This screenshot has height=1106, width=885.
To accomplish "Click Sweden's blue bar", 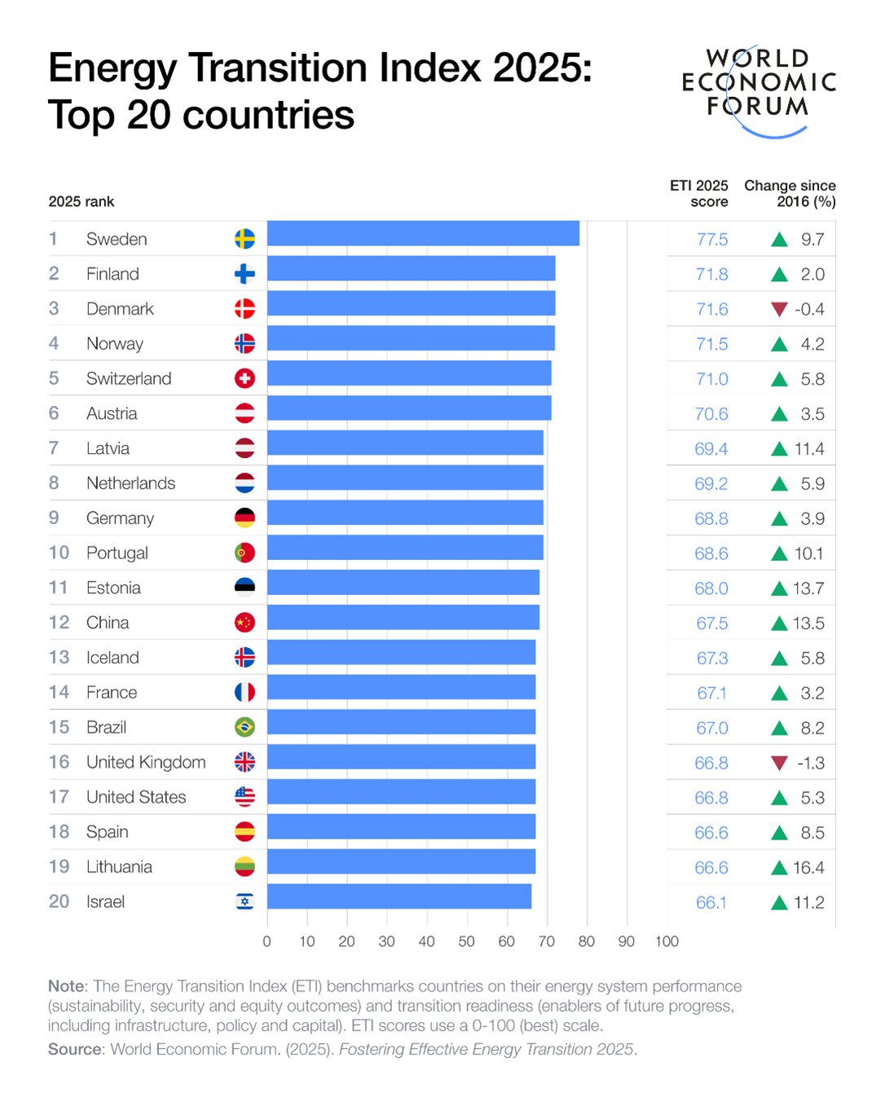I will pyautogui.click(x=423, y=234).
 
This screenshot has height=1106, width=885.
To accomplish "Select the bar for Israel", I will pyautogui.click(x=399, y=897).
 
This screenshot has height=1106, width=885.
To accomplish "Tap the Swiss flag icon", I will pyautogui.click(x=244, y=378).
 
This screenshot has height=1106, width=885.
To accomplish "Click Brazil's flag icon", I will pyautogui.click(x=244, y=727).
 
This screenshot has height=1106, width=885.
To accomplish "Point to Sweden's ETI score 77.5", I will pyautogui.click(x=711, y=240).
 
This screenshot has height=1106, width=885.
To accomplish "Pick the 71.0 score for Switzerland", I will pyautogui.click(x=711, y=379).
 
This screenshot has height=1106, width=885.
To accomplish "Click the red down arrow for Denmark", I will pyautogui.click(x=779, y=310).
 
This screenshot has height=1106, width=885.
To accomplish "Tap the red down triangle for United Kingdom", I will pyautogui.click(x=779, y=764).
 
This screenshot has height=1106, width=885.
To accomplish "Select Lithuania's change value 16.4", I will pyautogui.click(x=808, y=868).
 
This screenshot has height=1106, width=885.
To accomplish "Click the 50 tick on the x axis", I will pyautogui.click(x=466, y=942).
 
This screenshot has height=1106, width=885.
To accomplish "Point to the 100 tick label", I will pyautogui.click(x=667, y=942).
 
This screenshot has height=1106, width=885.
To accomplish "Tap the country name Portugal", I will pyautogui.click(x=117, y=553).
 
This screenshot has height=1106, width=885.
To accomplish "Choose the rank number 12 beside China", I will pyautogui.click(x=59, y=623).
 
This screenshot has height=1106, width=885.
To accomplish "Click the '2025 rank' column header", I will pyautogui.click(x=81, y=202).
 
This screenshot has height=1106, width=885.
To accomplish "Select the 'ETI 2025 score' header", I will pyautogui.click(x=699, y=194).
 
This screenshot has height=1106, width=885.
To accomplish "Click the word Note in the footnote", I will pyautogui.click(x=67, y=987).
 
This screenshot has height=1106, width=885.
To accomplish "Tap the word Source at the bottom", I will pyautogui.click(x=75, y=1050).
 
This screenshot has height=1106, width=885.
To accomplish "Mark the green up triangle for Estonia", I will pyautogui.click(x=779, y=588).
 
